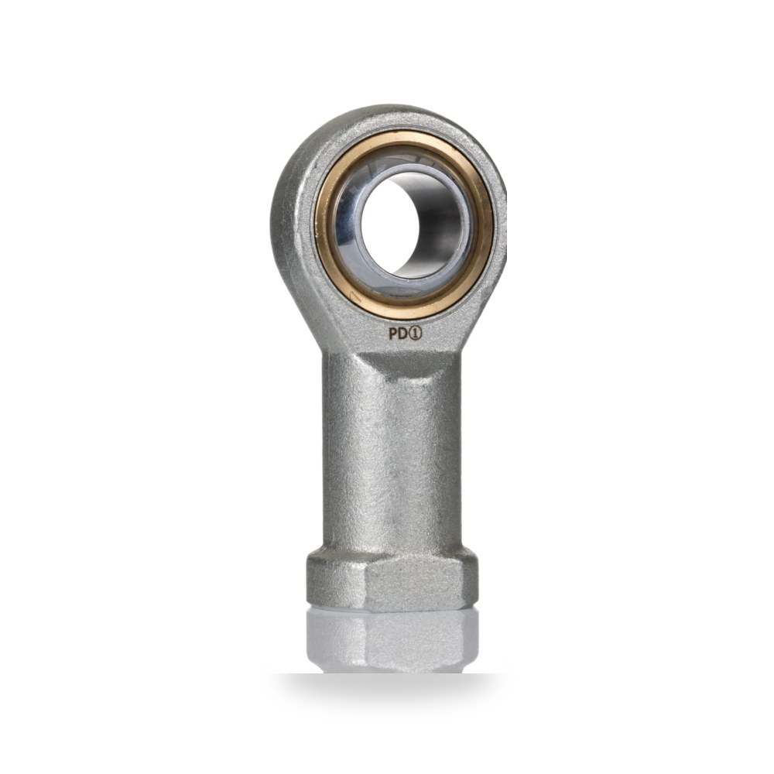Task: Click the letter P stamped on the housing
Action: [x=393, y=334]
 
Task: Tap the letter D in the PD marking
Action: [x=403, y=334]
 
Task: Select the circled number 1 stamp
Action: [x=416, y=334]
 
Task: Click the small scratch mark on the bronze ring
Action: [x=354, y=296]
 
